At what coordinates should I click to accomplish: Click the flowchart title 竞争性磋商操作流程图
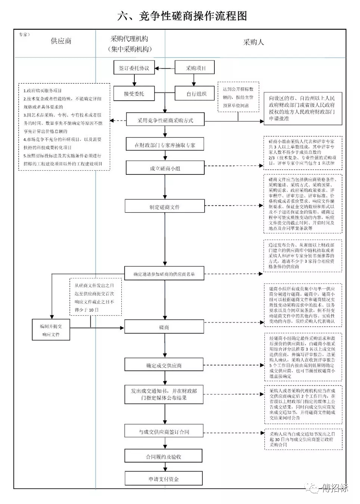tap(182, 16)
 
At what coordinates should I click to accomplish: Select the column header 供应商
tap(61, 41)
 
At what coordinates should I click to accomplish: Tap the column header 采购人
tap(253, 42)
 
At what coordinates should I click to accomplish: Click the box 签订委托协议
tap(134, 68)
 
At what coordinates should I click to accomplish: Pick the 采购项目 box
tap(195, 68)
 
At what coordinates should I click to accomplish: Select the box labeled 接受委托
tap(134, 93)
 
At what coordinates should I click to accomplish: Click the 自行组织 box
tap(196, 93)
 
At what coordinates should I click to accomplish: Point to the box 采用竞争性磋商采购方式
tap(165, 120)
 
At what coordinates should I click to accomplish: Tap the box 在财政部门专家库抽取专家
tap(165, 145)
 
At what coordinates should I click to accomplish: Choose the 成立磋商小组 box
tap(165, 168)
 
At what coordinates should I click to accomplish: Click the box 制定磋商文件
tap(165, 207)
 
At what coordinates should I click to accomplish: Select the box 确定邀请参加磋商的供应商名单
tap(164, 274)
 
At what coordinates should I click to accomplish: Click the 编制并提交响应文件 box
tap(51, 330)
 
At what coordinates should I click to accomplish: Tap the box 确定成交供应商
tap(164, 365)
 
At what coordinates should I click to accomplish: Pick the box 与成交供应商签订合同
tap(164, 432)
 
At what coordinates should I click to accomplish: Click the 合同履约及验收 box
tap(163, 456)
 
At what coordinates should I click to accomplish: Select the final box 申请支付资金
tap(163, 479)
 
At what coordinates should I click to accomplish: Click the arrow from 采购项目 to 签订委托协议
tap(165, 68)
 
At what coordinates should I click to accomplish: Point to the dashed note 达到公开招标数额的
tap(238, 97)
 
